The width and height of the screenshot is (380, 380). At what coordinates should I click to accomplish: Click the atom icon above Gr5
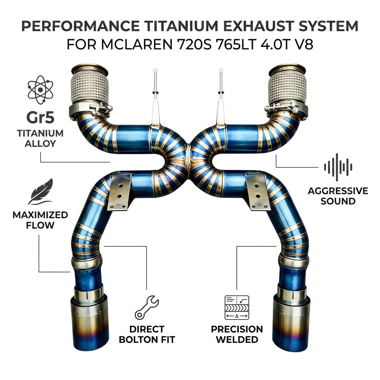tap(40, 90)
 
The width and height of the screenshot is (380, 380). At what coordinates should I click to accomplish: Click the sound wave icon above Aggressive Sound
tap(338, 167)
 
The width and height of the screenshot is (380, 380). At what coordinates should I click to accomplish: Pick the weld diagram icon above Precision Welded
tap(237, 308)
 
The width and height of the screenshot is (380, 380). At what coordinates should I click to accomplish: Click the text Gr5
tap(40, 117)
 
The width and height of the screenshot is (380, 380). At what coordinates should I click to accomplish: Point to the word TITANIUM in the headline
tap(181, 26)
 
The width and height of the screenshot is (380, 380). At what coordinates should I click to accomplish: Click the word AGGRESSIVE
tap(338, 191)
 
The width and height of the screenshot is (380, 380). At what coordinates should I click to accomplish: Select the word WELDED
tap(237, 339)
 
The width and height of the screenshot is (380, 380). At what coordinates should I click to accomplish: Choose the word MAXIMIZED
tap(40, 215)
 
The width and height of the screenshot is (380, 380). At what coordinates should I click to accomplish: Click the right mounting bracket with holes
tap(258, 191)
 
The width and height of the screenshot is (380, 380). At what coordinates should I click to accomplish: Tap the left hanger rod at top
tap(155, 97)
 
